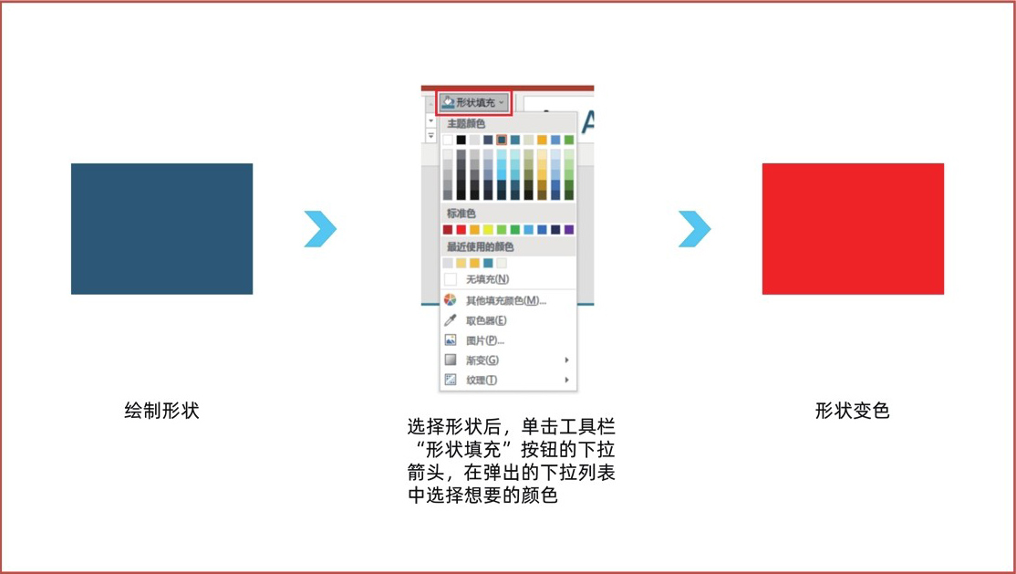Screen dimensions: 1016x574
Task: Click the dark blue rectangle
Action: [162, 229]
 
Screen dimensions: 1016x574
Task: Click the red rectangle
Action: [853, 229]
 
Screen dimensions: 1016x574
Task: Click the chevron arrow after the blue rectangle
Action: [320, 229]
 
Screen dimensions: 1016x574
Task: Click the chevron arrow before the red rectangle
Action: [695, 229]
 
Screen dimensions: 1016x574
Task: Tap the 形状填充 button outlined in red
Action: [474, 102]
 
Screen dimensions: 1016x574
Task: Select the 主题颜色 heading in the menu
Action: [466, 123]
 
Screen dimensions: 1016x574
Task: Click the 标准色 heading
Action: [461, 214]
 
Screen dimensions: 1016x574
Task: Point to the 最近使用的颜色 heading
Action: [480, 246]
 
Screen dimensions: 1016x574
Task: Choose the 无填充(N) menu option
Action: [487, 279]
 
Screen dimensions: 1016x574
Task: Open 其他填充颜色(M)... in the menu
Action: [506, 300]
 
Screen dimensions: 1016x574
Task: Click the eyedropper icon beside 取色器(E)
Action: [451, 320]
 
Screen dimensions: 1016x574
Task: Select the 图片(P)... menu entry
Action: [484, 340]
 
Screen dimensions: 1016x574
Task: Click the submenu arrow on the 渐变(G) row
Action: [567, 360]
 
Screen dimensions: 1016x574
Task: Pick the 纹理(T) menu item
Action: [482, 380]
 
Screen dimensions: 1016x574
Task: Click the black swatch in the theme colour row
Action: [461, 140]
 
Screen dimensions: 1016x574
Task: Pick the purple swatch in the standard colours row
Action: [569, 230]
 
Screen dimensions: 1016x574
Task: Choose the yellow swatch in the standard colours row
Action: [488, 230]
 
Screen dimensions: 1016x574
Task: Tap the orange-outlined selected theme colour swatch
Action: [502, 140]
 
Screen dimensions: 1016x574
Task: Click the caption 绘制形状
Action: [162, 411]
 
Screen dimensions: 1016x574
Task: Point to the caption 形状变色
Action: [853, 411]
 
